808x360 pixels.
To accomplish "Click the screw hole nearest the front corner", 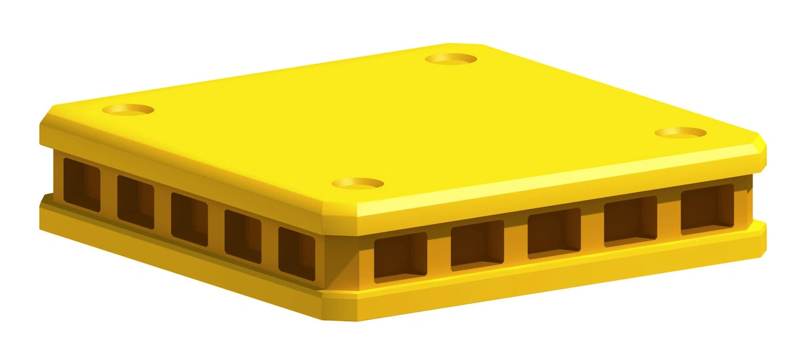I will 357,184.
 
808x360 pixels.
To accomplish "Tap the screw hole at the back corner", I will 451,59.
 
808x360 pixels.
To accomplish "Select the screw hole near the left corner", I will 128,110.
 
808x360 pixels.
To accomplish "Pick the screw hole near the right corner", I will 681,133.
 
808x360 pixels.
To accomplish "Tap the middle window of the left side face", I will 189,216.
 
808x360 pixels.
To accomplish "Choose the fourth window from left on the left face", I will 242,233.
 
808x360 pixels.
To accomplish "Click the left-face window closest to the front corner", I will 297,251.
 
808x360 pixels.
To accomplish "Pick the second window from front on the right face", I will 477,243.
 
